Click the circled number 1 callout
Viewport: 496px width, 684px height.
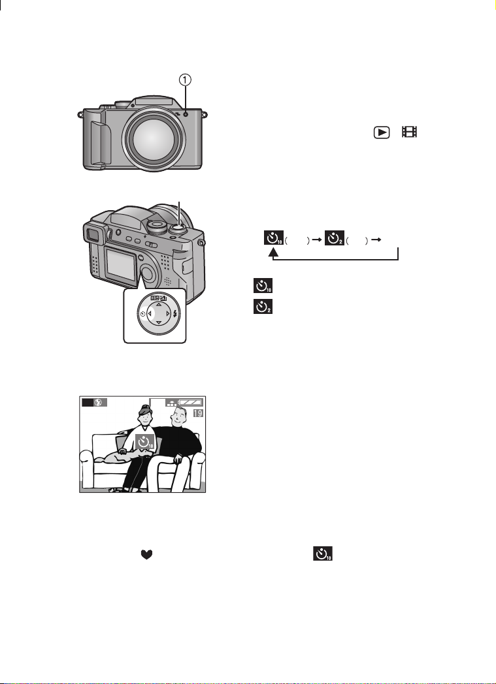[x=186, y=80]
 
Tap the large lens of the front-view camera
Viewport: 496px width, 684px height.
[x=151, y=138]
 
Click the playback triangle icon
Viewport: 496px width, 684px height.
[x=381, y=132]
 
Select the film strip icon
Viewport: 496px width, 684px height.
[x=410, y=132]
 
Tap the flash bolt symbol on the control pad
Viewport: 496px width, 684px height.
[x=175, y=313]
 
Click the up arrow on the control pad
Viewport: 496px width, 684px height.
[x=159, y=304]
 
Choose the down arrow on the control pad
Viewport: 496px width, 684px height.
[x=159, y=322]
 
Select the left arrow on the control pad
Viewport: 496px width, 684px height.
[x=150, y=313]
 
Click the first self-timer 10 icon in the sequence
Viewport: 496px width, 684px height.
[x=274, y=238]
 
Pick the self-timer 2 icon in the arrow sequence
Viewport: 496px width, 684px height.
[x=335, y=238]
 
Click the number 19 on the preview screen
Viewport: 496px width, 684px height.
[x=198, y=412]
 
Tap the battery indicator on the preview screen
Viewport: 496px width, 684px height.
[x=191, y=402]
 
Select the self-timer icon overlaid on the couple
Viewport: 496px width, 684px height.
[x=145, y=443]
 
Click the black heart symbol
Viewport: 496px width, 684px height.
[x=146, y=554]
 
